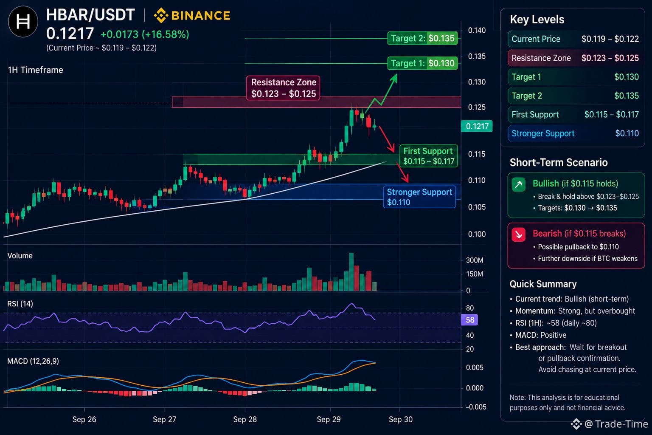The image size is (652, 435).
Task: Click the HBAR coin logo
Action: [x=23, y=22]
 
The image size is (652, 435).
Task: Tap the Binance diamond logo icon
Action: [x=161, y=15]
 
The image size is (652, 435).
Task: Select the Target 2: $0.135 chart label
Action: [x=422, y=38]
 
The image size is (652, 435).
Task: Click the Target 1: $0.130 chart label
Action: [x=422, y=63]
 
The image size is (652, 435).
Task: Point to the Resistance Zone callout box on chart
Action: [x=283, y=88]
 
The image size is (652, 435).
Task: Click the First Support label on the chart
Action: [x=428, y=156]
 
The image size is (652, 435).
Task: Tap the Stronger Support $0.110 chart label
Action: [x=419, y=197]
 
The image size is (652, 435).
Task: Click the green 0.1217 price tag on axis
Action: [x=477, y=126]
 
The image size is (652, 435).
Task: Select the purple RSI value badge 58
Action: [x=469, y=320]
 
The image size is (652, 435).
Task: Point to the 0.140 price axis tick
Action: [x=477, y=30]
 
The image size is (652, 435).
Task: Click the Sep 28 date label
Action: [x=245, y=419]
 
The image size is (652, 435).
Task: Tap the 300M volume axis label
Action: [x=475, y=260]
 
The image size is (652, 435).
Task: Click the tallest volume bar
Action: [x=351, y=272]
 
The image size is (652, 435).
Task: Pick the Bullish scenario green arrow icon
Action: [x=518, y=184]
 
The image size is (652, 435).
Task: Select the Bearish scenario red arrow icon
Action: [x=518, y=234]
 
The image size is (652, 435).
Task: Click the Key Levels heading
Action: [x=537, y=20]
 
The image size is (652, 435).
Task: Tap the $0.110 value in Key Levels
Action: [x=627, y=133]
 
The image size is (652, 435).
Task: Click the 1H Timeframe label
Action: [x=35, y=70]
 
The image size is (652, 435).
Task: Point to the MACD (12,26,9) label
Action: [x=33, y=361]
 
